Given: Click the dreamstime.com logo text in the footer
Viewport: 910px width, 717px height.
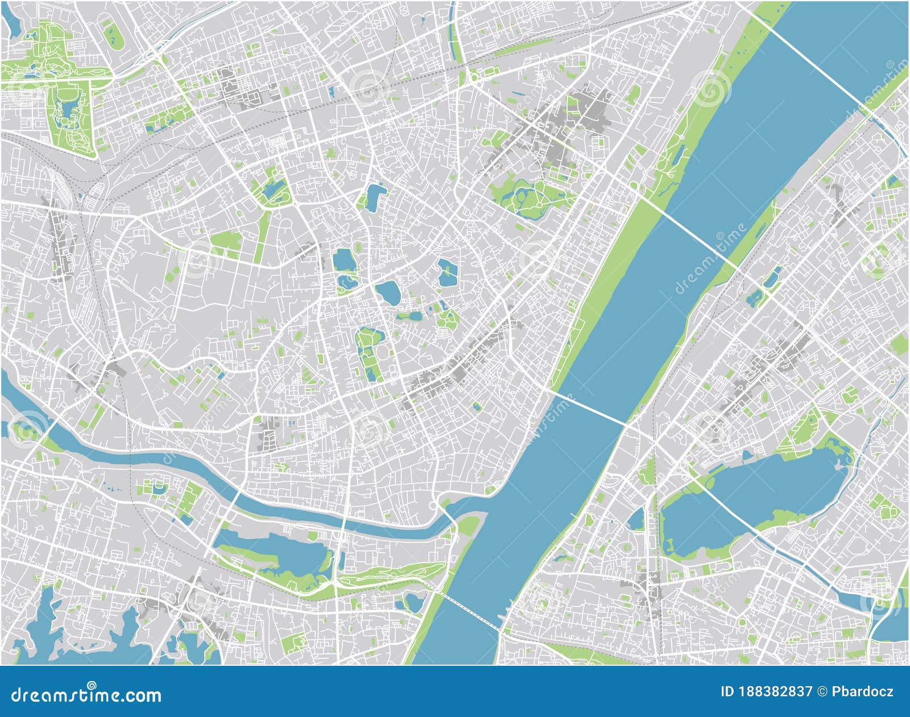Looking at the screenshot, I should (86, 695).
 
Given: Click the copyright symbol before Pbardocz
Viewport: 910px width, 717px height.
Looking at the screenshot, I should (823, 692).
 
